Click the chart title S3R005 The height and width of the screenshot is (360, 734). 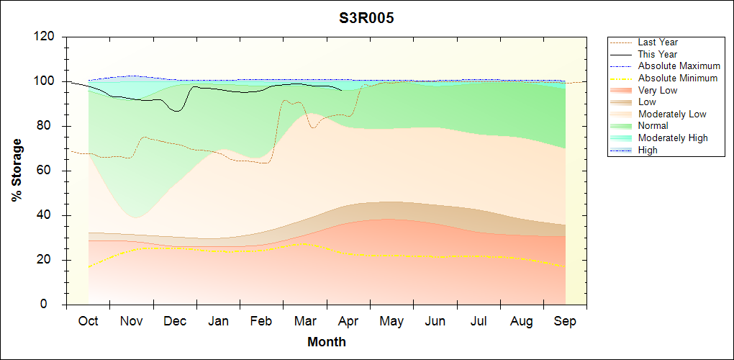366,18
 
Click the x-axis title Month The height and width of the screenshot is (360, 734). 327,341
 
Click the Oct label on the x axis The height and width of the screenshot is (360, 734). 88,321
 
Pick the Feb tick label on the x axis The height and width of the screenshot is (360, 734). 261,321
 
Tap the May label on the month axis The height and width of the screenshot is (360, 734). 391,321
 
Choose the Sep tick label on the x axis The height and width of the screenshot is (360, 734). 565,321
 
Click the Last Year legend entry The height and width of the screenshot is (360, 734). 658,42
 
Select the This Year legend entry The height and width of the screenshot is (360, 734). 658,54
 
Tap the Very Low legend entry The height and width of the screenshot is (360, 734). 658,90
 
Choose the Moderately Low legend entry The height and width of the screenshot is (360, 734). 672,114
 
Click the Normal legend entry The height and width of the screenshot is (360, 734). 653,126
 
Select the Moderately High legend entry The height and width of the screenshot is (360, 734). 673,138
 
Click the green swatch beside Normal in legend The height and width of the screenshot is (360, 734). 622,126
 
